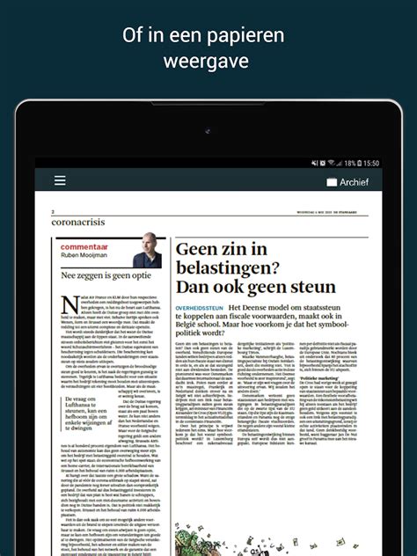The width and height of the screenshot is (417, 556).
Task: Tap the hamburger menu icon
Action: [60, 180]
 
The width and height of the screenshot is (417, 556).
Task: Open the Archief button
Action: [348, 181]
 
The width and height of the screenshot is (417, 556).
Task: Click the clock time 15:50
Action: [371, 163]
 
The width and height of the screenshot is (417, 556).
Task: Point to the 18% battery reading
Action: [349, 163]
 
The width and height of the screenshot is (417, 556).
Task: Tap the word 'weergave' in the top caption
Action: [208, 62]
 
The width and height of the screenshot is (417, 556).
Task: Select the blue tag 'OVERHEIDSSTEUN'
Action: [200, 305]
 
